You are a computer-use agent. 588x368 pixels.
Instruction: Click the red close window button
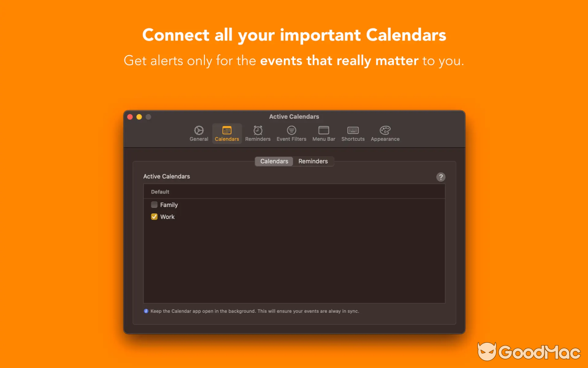(130, 117)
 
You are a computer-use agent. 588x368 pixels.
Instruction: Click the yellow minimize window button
(139, 117)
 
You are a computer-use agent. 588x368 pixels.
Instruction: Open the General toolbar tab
(199, 133)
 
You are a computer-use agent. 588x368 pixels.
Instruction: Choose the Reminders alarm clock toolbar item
(258, 133)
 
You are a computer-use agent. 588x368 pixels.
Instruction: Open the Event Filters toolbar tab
(291, 133)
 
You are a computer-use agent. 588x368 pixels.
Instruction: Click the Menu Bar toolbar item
(324, 133)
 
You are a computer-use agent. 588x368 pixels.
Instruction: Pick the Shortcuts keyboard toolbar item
(353, 133)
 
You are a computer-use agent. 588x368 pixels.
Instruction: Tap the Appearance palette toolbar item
(385, 133)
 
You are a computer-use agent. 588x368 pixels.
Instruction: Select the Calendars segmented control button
(274, 161)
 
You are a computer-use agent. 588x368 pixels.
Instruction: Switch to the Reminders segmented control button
(313, 161)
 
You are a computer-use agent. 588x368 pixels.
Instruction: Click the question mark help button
(441, 177)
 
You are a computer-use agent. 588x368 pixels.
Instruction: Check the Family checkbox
(154, 205)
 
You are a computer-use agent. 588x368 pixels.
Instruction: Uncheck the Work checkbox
(154, 217)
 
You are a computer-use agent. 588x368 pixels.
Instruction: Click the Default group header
(160, 192)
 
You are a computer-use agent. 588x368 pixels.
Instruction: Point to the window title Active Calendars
(294, 117)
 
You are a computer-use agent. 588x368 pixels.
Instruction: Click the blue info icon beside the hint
(146, 311)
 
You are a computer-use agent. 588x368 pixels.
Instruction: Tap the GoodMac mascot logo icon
(486, 352)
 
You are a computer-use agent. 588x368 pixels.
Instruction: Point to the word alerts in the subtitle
(168, 61)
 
